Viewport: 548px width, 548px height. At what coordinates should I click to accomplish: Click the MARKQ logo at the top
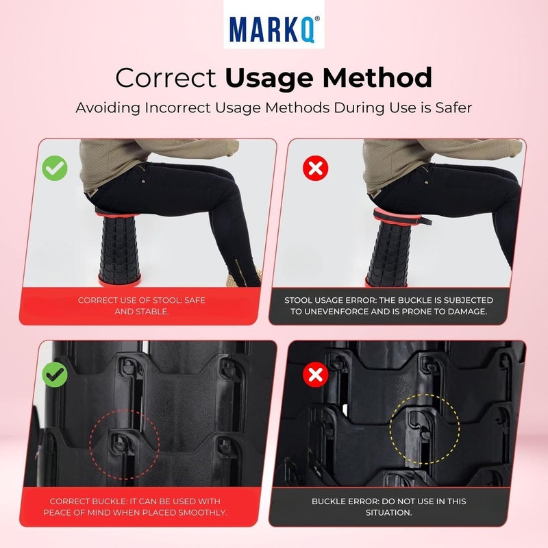274,29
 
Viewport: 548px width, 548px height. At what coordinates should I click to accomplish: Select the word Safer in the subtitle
450,108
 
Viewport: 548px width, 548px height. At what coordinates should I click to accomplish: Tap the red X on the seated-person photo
315,169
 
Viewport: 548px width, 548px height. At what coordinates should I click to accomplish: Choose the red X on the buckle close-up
316,374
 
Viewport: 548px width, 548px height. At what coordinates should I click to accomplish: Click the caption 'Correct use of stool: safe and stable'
141,306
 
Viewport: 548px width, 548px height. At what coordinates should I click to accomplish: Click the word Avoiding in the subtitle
103,108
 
